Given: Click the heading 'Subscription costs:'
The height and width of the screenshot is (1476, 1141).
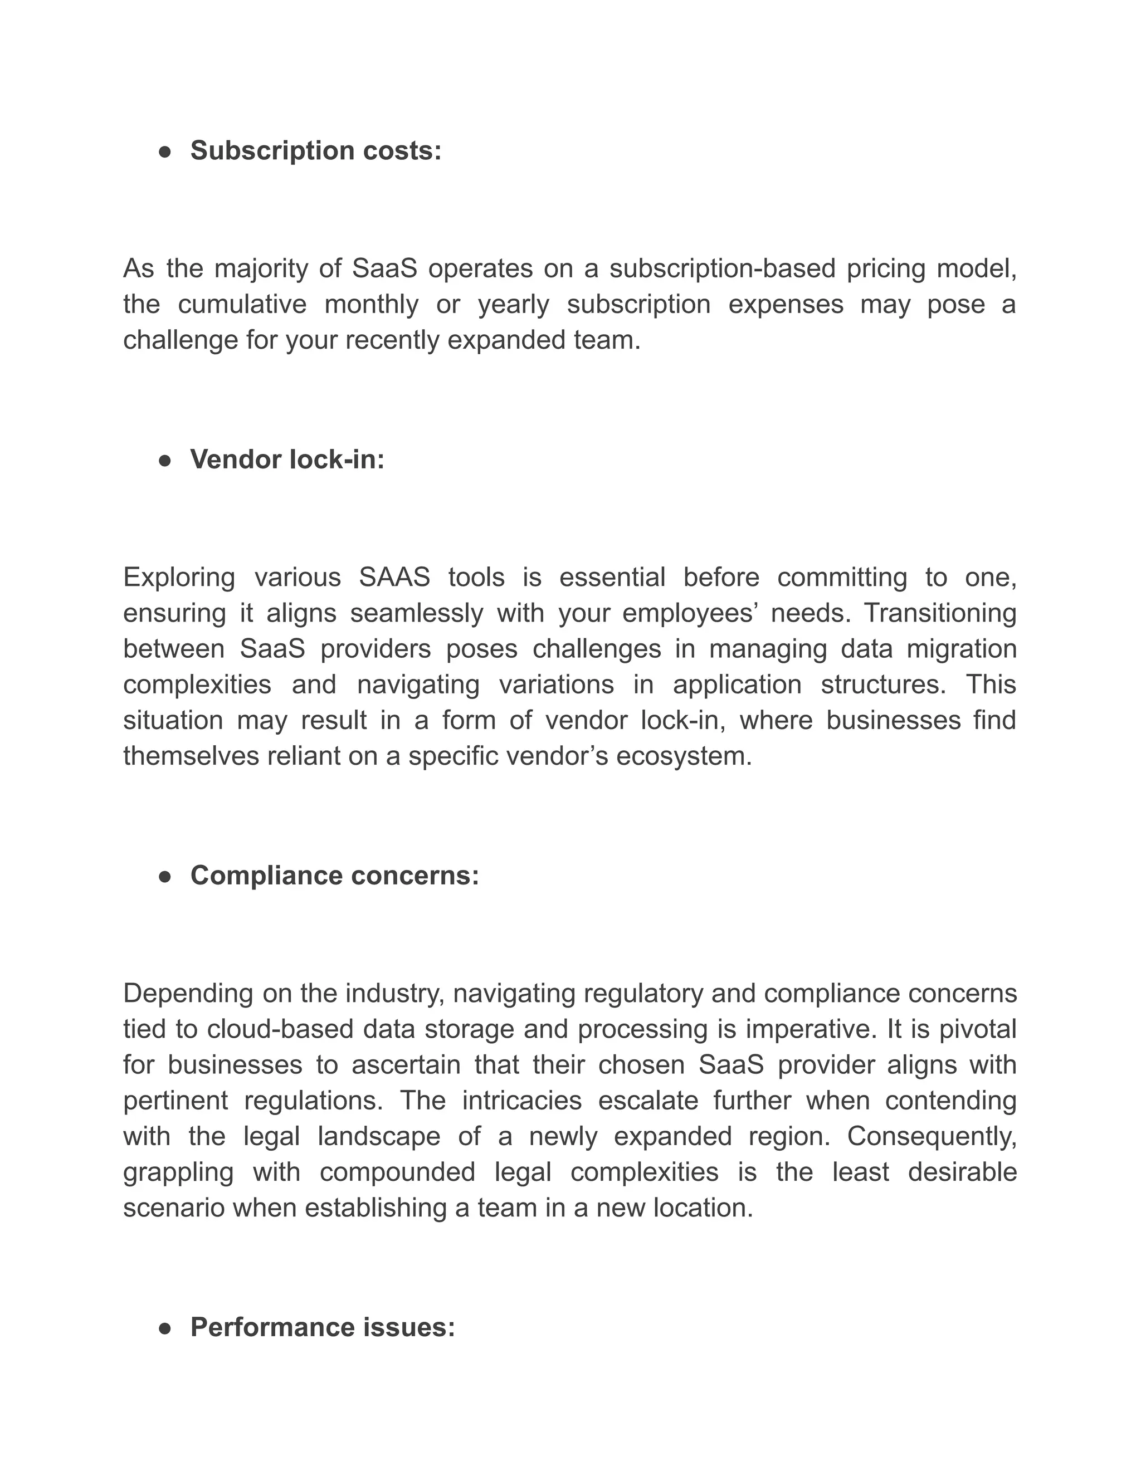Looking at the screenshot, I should click(x=316, y=151).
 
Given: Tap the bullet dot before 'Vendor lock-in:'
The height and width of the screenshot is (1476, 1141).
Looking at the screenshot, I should click(x=164, y=461).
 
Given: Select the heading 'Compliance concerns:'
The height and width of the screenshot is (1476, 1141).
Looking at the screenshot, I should click(x=335, y=876).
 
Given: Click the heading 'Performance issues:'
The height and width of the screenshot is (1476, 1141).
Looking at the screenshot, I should click(x=323, y=1327).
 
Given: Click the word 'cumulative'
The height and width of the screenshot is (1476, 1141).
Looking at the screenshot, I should click(x=242, y=305).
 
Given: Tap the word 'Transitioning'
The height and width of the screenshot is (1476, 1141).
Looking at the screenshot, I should click(x=940, y=614).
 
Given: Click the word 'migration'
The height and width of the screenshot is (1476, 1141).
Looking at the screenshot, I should click(x=961, y=649).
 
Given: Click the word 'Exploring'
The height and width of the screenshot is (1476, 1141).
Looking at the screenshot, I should click(x=179, y=578).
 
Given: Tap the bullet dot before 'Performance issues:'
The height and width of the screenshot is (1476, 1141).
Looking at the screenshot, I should click(x=164, y=1328).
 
